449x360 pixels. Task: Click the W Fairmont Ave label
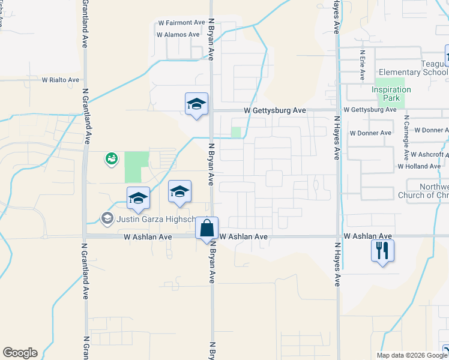point(181,23)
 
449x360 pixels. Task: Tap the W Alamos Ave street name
point(178,35)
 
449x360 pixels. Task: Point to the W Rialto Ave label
point(60,80)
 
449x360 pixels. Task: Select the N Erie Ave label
point(363,65)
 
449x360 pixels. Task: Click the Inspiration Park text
point(391,94)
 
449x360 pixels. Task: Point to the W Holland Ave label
point(419,166)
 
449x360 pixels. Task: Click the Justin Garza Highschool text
point(157,218)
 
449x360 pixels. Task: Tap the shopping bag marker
point(207,229)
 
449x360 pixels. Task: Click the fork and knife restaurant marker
point(382,250)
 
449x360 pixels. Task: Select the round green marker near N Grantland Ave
point(111,158)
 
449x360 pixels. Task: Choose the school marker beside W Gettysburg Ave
point(196,104)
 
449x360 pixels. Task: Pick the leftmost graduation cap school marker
point(138,198)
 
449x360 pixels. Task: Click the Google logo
point(20,353)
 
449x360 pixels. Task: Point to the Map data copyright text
point(411,355)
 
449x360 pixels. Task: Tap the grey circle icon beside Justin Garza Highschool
point(107,218)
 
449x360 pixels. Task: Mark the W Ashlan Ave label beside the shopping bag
point(243,237)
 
